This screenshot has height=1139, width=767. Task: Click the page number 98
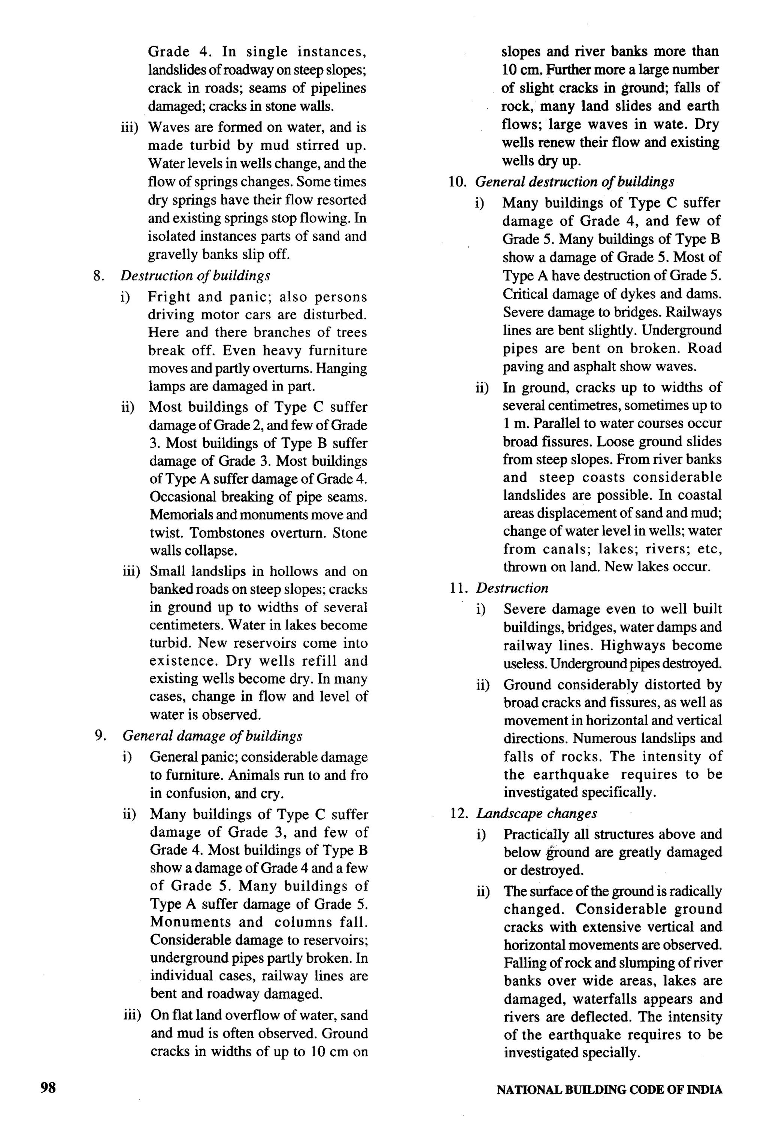point(48,1088)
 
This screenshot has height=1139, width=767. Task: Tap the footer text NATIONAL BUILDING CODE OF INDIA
point(609,1090)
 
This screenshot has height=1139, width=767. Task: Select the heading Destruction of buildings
point(195,276)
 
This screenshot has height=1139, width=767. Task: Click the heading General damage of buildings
point(212,736)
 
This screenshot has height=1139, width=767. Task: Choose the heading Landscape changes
point(536,813)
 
